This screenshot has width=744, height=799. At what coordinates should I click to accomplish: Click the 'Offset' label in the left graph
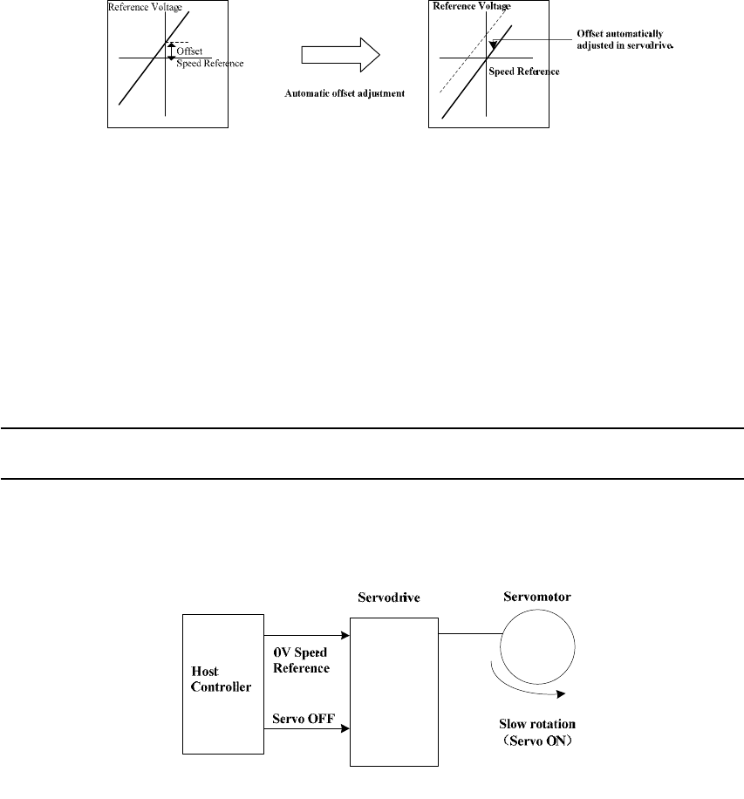[189, 51]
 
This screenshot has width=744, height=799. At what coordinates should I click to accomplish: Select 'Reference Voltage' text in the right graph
[471, 6]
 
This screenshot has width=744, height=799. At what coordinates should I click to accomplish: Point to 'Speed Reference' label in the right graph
[523, 72]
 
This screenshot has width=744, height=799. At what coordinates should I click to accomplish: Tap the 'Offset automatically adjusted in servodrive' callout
[626, 39]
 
